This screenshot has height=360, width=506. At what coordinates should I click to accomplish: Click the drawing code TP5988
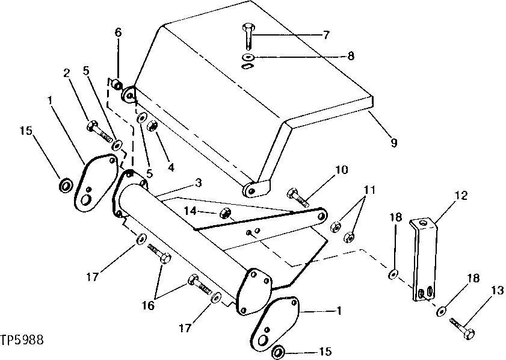(22, 340)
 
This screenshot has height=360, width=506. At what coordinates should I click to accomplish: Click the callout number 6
(118, 33)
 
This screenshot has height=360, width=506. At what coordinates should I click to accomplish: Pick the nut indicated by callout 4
(153, 126)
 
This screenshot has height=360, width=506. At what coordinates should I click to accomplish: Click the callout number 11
(369, 190)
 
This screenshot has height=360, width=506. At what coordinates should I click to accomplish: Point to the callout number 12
(461, 195)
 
